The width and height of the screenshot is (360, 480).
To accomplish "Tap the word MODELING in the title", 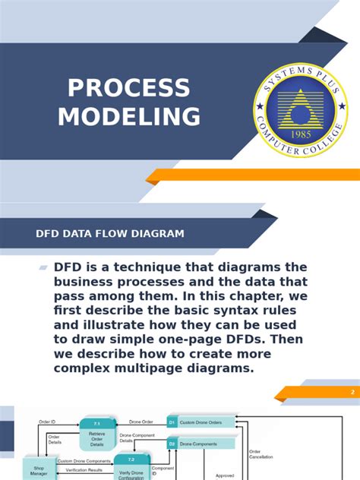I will click(x=129, y=117).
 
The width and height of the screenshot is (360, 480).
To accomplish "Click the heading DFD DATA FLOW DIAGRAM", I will click(x=110, y=234).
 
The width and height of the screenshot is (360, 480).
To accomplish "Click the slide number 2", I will click(x=352, y=392).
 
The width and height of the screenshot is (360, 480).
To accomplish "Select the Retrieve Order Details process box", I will click(x=96, y=435).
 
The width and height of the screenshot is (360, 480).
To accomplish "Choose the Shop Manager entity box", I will click(x=39, y=469).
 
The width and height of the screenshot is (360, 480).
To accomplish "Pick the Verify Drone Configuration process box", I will click(x=131, y=469).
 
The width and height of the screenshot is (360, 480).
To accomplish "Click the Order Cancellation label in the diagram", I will click(x=260, y=453).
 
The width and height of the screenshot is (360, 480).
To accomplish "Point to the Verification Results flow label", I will click(x=84, y=471).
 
